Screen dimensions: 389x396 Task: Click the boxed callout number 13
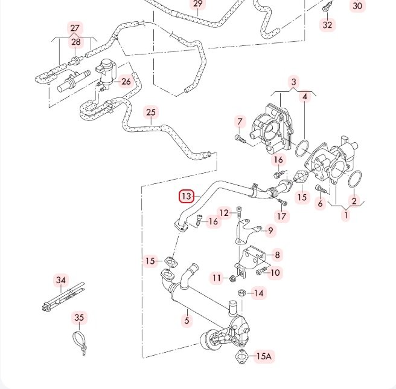(x=187, y=197)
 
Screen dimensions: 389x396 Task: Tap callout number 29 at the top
(x=198, y=4)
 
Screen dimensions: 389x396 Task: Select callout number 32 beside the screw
(x=327, y=25)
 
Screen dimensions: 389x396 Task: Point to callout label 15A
(x=264, y=356)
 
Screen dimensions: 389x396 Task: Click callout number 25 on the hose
(x=151, y=112)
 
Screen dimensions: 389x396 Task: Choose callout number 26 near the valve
(x=126, y=81)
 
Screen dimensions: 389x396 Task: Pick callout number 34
(x=60, y=280)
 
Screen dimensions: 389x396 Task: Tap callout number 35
(x=79, y=318)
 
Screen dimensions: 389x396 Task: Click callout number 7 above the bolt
(x=240, y=122)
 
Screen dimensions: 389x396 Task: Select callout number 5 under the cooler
(x=187, y=320)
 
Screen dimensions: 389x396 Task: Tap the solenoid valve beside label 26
(x=108, y=72)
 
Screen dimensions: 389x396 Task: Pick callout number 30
(x=358, y=6)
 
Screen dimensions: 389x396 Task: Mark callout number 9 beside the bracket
(x=271, y=230)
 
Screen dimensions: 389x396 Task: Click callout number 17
(x=283, y=216)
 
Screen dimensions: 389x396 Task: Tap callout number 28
(x=75, y=42)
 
